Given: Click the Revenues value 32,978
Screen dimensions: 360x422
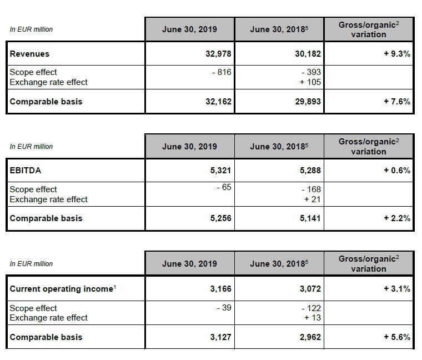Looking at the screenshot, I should click(x=218, y=54).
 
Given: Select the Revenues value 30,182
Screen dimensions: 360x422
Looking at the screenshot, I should click(x=308, y=54).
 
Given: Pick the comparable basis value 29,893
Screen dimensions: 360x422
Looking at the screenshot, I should click(x=308, y=102).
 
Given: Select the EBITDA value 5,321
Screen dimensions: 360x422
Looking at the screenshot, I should click(x=220, y=171).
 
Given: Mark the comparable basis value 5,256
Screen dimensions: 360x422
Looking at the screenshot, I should click(x=220, y=218).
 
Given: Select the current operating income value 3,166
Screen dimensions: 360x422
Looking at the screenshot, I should click(x=220, y=289).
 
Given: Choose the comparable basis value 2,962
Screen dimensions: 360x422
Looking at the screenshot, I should click(x=310, y=337).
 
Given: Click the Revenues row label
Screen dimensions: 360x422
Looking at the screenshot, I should click(x=29, y=54).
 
